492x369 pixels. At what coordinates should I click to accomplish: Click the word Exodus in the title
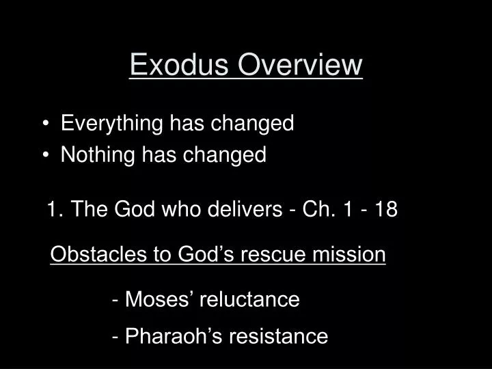174,65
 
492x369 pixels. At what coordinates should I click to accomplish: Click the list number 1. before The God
55,209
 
